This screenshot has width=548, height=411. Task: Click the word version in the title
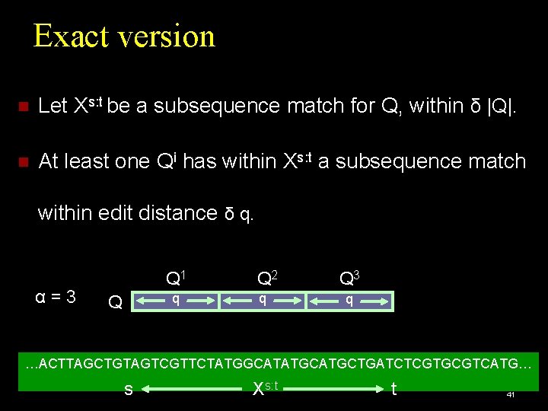point(164,37)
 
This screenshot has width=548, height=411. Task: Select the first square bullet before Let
point(23,107)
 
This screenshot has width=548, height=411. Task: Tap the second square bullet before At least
point(23,162)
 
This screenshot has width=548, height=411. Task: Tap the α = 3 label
point(56,297)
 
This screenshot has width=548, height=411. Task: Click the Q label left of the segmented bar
point(116,302)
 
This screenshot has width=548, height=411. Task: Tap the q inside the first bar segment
point(176,299)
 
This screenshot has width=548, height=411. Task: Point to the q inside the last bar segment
point(349,299)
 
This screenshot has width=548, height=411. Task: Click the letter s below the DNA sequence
point(128,390)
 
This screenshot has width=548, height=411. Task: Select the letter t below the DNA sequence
point(393,389)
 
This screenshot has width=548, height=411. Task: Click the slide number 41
point(511,394)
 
